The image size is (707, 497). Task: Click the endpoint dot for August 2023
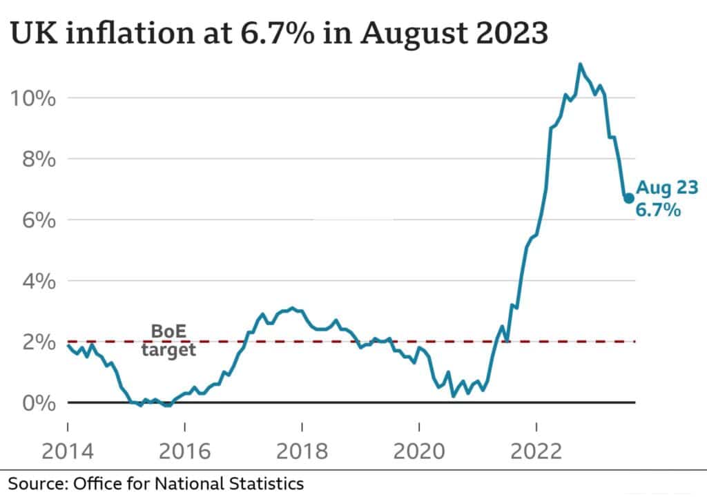[x=628, y=198]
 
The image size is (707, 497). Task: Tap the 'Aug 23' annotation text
[x=667, y=187]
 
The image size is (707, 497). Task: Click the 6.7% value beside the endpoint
[x=659, y=209]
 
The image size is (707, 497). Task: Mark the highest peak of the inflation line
[x=580, y=65]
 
